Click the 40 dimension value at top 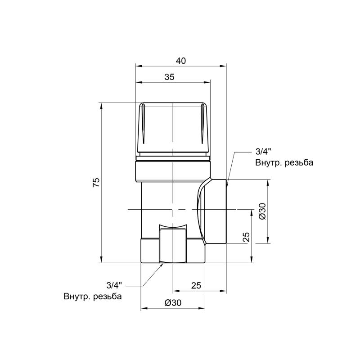coord(181,61)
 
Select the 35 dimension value coord(170,77)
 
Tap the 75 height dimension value coord(96,183)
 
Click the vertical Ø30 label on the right coord(262,211)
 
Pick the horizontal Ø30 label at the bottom coord(173,303)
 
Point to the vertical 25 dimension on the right coord(246,237)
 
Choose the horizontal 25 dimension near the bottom coord(196,285)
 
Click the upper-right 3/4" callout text coord(263,152)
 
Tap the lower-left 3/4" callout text coord(114,285)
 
